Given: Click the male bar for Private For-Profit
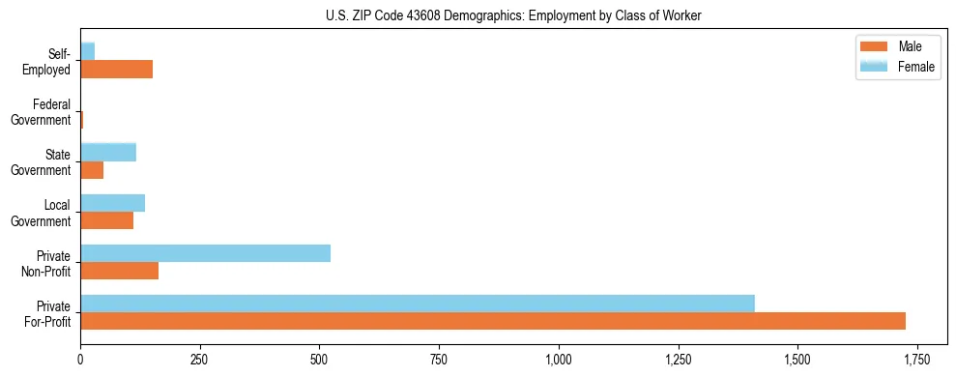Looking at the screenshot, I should tap(493, 321).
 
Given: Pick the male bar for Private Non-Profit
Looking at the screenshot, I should tap(119, 271).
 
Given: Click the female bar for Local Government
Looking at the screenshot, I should tap(112, 203).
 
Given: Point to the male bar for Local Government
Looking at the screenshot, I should tap(106, 220).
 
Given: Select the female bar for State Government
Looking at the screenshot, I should tap(108, 152).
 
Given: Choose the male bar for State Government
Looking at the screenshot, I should tap(92, 170).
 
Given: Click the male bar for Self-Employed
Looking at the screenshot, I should tap(116, 70).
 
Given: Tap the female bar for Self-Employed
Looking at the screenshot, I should tap(87, 51).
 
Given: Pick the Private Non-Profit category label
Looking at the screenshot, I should tap(48, 263).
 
